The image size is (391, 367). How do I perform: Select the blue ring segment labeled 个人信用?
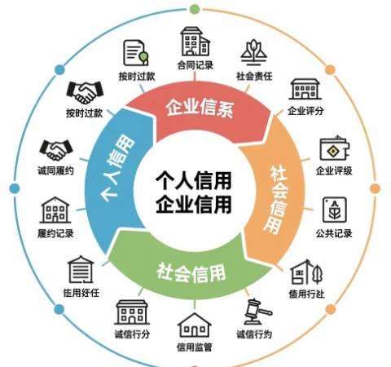tap(116, 174)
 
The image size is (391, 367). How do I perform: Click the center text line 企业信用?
tap(194, 204)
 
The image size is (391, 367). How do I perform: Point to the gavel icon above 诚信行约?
tap(257, 312)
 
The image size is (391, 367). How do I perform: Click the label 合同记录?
tap(195, 65)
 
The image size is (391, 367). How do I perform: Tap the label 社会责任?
tap(254, 76)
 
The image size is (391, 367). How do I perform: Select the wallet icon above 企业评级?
tap(334, 148)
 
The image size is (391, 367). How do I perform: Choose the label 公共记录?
tap(334, 233)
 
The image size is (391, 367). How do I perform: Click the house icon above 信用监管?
tap(195, 325)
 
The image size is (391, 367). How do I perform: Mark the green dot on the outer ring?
tap(194, 9)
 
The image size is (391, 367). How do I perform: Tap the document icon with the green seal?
tap(136, 53)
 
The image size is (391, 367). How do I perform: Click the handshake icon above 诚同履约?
tap(56, 150)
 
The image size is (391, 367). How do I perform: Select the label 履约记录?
tap(55, 233)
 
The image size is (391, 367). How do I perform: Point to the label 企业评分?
tap(305, 111)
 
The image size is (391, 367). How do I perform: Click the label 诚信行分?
tap(132, 334)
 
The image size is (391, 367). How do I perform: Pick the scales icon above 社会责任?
tap(254, 53)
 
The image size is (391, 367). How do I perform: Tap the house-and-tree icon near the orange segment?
tap(306, 272)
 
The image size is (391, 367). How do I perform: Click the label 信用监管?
tap(195, 347)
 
